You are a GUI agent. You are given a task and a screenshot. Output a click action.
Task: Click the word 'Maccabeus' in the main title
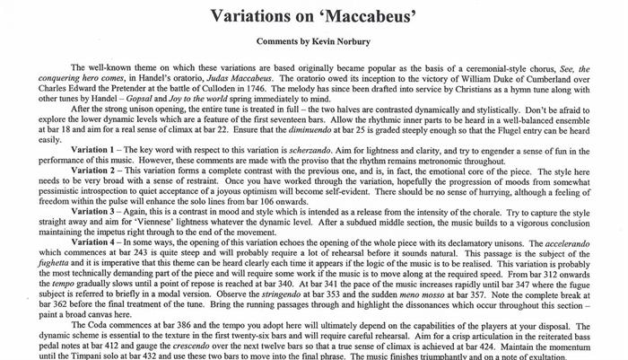point(357,16)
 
